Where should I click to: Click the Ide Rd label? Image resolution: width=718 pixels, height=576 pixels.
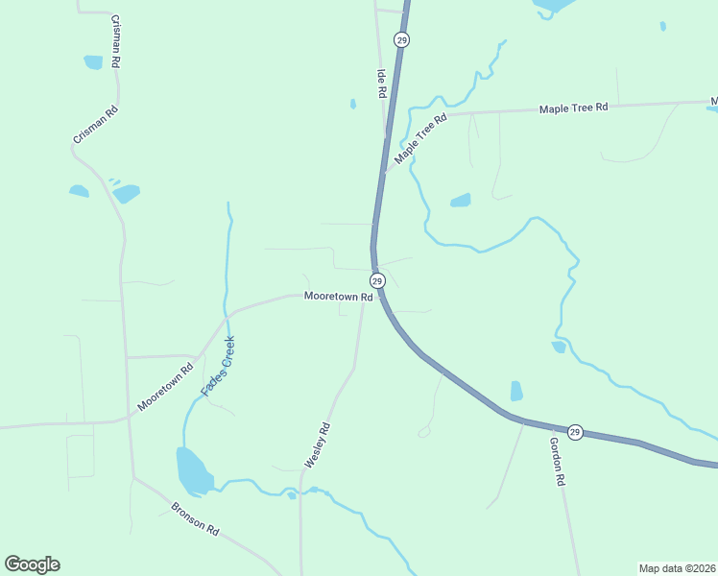click(381, 84)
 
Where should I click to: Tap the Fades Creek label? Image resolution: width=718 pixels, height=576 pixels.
click(218, 367)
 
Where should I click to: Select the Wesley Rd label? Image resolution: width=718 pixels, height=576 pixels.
click(318, 445)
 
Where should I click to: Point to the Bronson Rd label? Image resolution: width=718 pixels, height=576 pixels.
click(196, 518)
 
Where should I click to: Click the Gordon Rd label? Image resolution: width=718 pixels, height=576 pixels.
click(556, 462)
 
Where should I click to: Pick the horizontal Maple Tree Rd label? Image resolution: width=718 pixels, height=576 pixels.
click(574, 108)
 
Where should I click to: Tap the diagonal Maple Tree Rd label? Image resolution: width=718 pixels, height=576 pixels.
click(421, 139)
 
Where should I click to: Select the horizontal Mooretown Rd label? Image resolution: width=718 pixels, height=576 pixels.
click(338, 298)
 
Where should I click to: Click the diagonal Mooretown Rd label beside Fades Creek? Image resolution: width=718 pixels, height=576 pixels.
click(165, 386)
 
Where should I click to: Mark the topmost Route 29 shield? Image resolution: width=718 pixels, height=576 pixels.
click(401, 39)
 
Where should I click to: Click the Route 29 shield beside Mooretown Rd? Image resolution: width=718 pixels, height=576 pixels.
click(377, 280)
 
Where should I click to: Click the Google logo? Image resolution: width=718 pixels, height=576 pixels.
click(32, 564)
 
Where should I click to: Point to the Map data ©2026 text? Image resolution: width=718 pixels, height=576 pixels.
click(677, 567)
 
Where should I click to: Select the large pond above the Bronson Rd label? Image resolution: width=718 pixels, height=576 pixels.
click(193, 470)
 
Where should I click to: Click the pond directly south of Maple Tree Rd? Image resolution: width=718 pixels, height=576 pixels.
click(461, 201)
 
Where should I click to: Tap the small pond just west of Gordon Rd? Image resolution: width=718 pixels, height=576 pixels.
click(516, 391)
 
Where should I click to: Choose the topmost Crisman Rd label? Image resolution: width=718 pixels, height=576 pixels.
click(116, 40)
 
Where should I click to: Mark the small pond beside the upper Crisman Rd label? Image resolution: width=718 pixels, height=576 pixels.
click(93, 62)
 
